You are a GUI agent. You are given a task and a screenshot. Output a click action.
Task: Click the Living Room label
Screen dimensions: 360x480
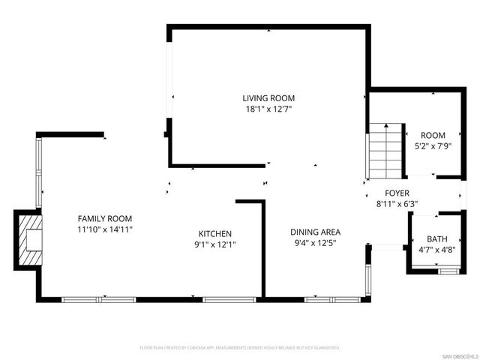[268, 98]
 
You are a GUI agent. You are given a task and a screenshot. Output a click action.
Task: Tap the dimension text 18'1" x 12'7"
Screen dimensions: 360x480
[268, 109]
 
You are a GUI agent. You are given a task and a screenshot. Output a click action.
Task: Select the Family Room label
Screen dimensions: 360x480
[105, 218]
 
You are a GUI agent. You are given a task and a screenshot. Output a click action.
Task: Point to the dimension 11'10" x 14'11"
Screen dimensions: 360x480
[105, 229]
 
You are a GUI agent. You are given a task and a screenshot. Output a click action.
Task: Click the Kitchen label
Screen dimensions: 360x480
[214, 233]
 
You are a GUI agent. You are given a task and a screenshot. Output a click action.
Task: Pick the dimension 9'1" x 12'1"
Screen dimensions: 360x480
[214, 244]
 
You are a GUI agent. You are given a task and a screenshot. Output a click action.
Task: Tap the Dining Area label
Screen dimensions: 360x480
[315, 232]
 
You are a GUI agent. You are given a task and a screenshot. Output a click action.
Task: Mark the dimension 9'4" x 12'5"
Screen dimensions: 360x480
[315, 243]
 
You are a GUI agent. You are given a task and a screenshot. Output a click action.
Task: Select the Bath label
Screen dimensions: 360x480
[436, 239]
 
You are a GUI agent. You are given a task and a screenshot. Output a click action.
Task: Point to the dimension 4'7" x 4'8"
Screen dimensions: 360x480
[436, 249]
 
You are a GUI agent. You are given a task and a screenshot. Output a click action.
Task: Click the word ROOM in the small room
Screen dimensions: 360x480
[433, 135]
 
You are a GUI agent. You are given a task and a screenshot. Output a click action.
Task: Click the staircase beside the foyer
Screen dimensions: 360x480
[384, 149]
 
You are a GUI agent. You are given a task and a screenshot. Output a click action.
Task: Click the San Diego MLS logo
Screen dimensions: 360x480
[457, 355]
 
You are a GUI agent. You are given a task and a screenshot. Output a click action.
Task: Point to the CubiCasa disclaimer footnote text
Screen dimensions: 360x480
[240, 348]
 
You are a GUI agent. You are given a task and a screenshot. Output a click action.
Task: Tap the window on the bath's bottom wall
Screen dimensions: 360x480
[448, 271]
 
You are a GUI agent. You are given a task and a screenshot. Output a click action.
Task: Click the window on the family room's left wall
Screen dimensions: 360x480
[40, 172]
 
